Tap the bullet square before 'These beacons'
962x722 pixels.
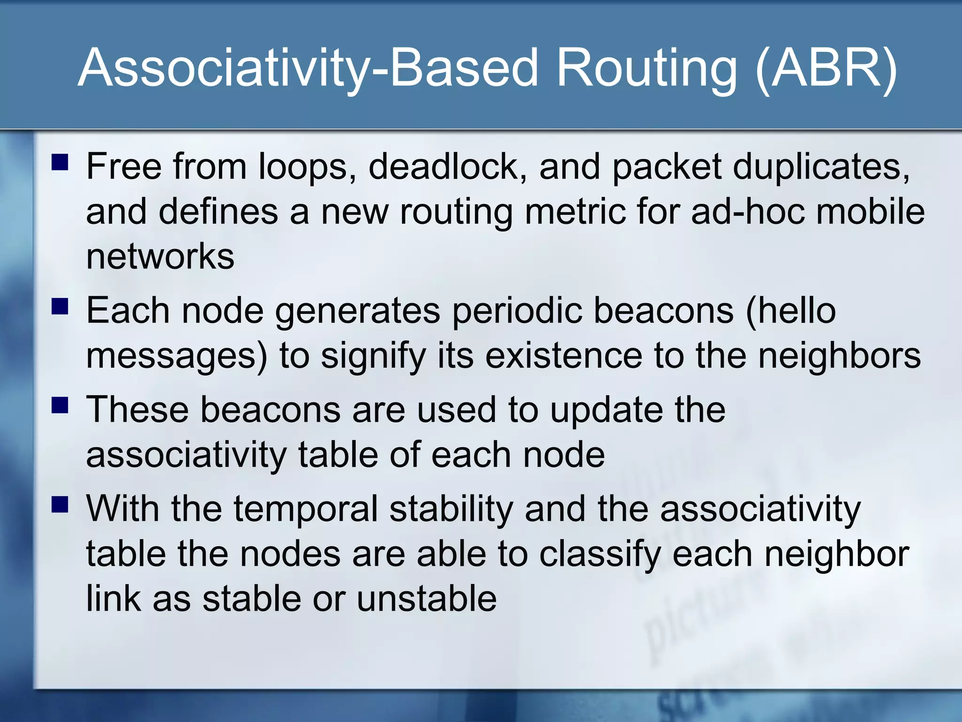tap(60, 405)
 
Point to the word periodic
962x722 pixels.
tap(517, 311)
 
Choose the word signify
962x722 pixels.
tap(373, 356)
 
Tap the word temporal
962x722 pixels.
tap(306, 510)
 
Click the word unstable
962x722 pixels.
tap(427, 599)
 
